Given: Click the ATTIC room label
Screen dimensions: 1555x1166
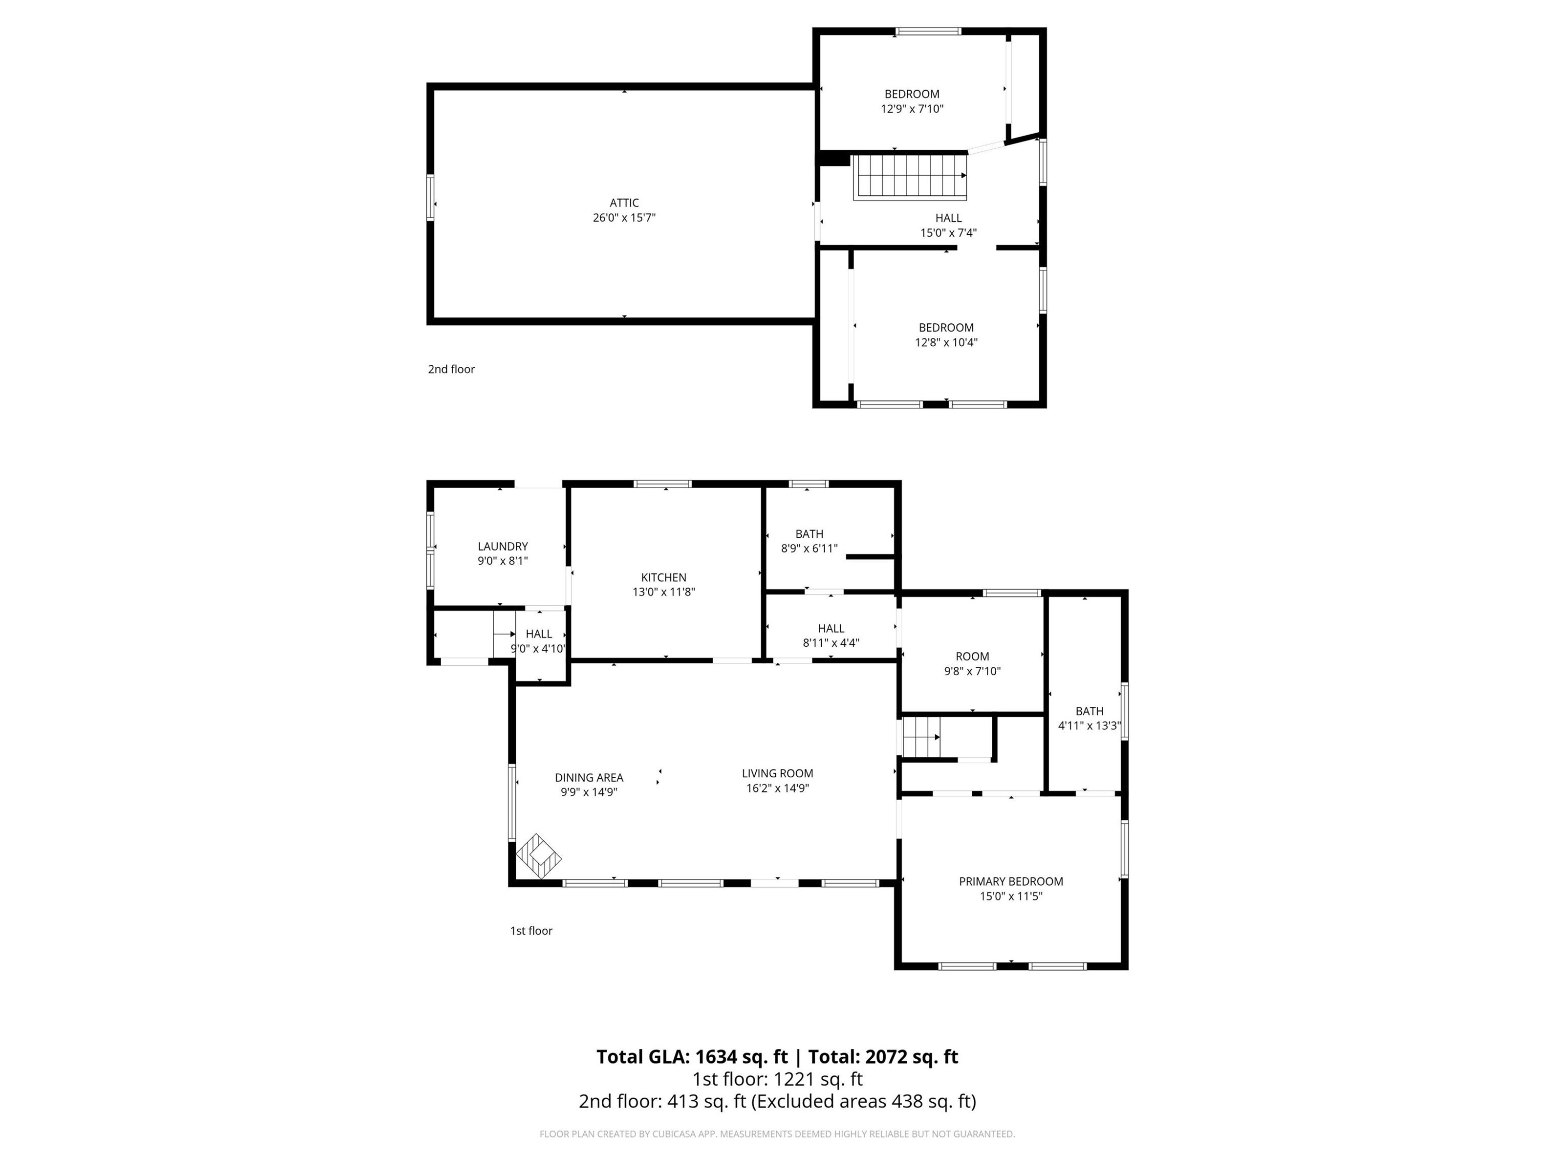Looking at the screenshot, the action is tap(624, 203).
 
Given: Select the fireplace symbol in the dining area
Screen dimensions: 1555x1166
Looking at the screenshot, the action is tap(539, 856).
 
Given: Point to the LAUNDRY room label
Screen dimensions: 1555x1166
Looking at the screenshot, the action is tap(503, 546).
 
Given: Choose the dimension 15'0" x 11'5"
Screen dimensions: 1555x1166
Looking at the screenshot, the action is tap(1011, 896).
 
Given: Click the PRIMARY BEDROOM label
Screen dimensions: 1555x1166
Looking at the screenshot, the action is tap(1011, 881).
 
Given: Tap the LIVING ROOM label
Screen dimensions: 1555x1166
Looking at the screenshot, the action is tap(777, 773).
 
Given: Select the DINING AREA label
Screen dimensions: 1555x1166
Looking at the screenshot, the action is tap(589, 777).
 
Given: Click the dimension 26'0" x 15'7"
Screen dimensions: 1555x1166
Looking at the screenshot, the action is tap(624, 218).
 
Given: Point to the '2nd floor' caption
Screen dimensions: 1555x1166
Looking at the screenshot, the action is tap(451, 369).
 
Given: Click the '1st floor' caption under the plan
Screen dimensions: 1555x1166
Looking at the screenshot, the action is tap(531, 931).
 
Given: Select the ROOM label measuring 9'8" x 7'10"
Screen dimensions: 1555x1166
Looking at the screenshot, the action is tap(972, 657).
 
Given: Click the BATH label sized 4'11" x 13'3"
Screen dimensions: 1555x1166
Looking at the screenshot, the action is tap(1090, 712).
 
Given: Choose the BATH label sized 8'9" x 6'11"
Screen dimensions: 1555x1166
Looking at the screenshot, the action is tap(809, 534).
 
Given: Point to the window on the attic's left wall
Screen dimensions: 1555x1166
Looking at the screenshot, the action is tap(430, 198).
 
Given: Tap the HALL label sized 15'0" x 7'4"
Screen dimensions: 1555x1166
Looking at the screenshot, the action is tap(949, 218).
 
